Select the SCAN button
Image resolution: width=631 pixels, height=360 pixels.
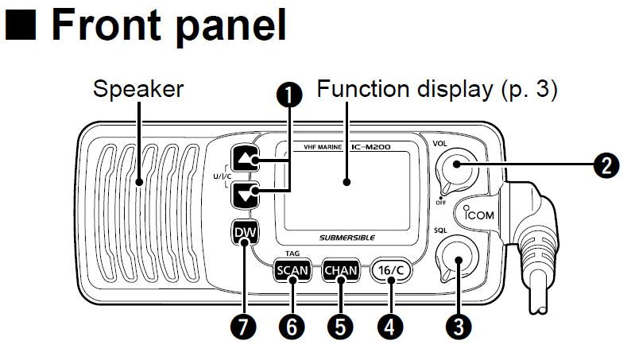click(291, 270)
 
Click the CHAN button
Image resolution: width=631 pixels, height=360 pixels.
click(341, 270)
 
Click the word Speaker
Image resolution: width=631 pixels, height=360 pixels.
click(137, 89)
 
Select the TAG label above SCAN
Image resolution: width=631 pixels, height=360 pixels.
click(291, 250)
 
